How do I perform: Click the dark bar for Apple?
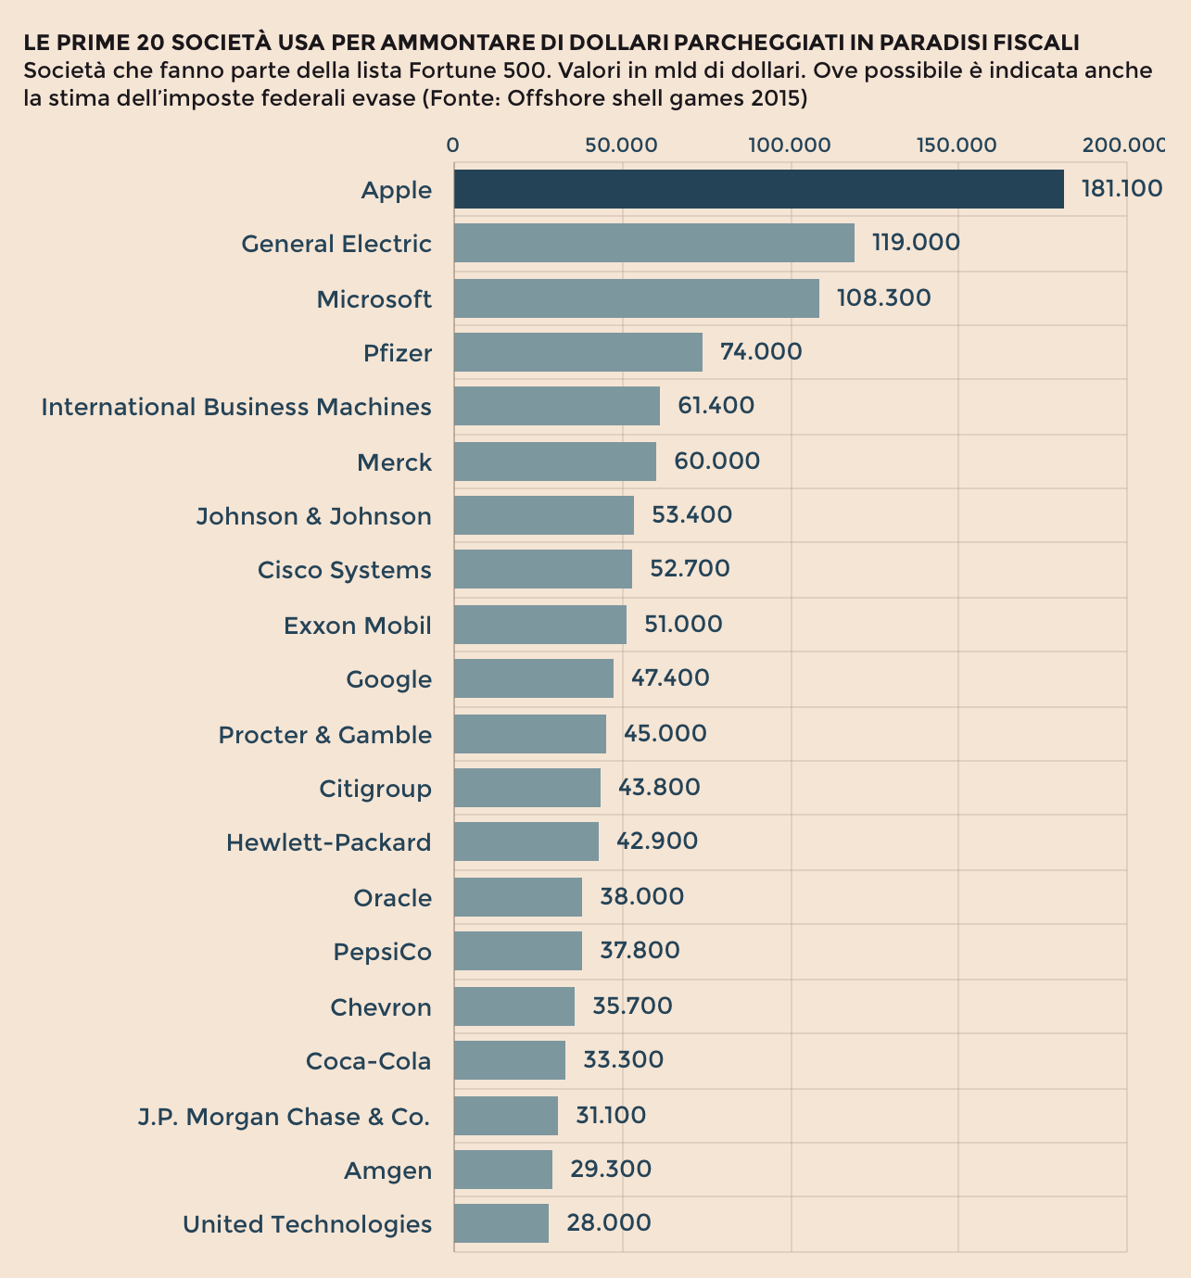(x=758, y=189)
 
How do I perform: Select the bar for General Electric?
(x=653, y=243)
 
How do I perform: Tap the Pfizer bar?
(x=577, y=352)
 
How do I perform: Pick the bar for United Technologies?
(x=500, y=1223)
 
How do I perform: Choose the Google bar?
(x=533, y=678)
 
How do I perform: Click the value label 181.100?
(x=1121, y=189)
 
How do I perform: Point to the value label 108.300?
(x=883, y=297)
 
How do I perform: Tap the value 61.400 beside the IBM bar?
(x=716, y=406)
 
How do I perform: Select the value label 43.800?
(x=659, y=788)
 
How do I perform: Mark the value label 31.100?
(x=611, y=1115)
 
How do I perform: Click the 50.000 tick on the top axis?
(x=621, y=146)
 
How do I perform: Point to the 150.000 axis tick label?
(x=957, y=146)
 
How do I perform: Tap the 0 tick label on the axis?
(x=452, y=146)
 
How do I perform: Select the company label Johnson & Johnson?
(x=313, y=516)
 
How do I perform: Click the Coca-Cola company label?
(x=368, y=1061)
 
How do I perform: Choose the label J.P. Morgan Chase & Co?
(x=284, y=1117)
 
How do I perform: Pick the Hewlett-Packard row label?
(x=328, y=842)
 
